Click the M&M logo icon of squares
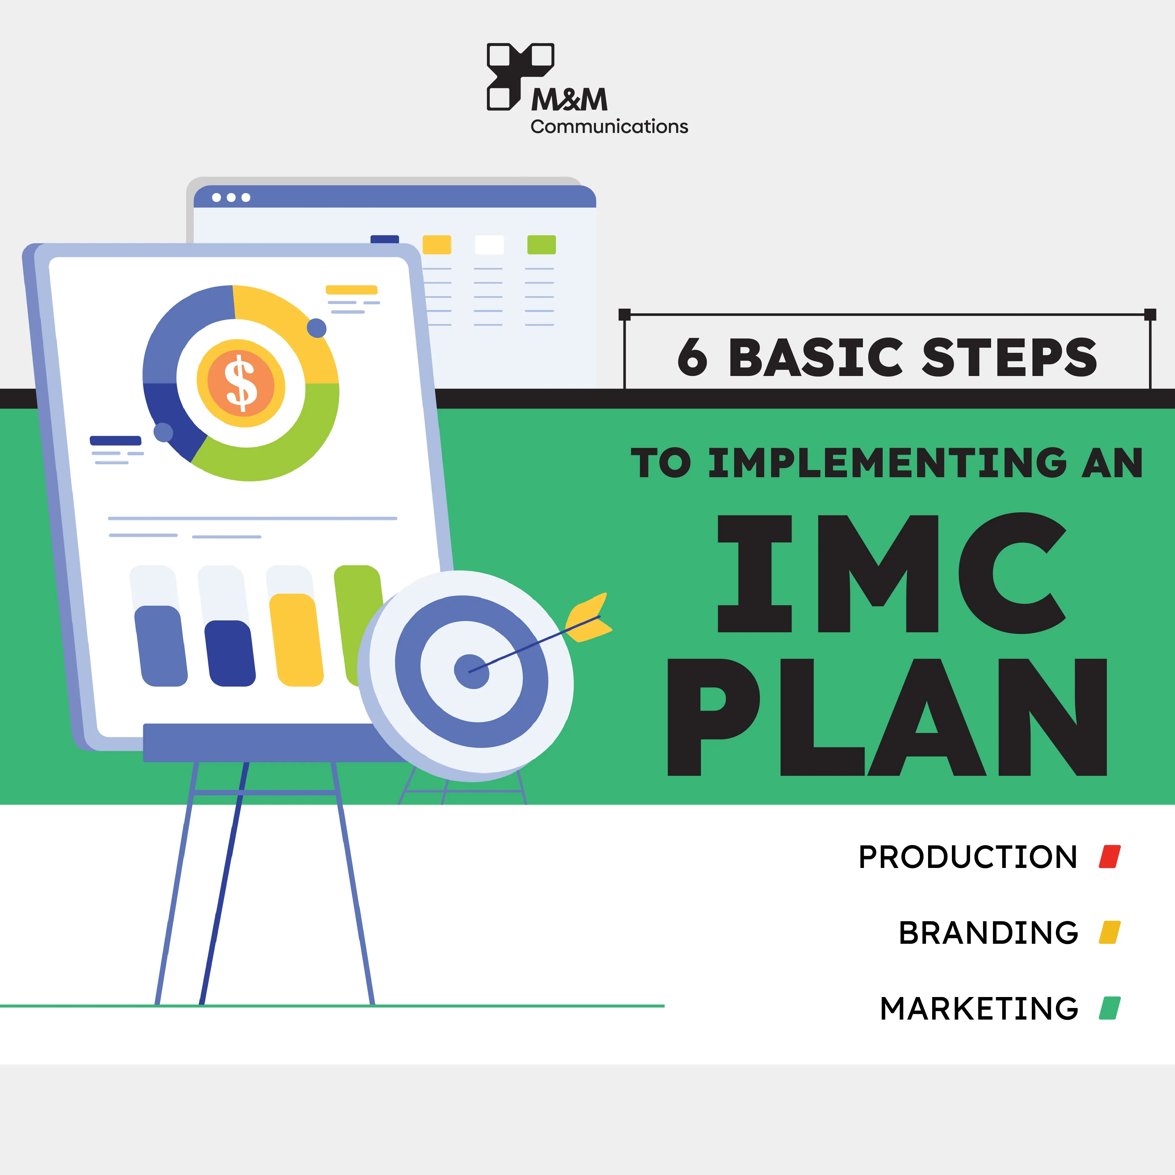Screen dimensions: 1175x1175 [x=520, y=76]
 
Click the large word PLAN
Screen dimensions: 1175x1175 [x=887, y=717]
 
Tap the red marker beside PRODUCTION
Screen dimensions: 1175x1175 [x=1109, y=857]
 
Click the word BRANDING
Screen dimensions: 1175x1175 [x=988, y=933]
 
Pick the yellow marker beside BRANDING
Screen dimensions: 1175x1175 [x=1109, y=932]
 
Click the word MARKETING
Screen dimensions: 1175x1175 [x=979, y=1008]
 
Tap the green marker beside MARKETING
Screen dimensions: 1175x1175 [x=1109, y=1008]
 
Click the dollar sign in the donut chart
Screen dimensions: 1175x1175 [x=241, y=383]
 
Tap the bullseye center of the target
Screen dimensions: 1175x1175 [x=471, y=671]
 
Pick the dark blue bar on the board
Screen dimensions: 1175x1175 [x=230, y=653]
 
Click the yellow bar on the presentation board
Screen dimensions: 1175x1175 [x=296, y=640]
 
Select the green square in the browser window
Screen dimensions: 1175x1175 [x=541, y=244]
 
